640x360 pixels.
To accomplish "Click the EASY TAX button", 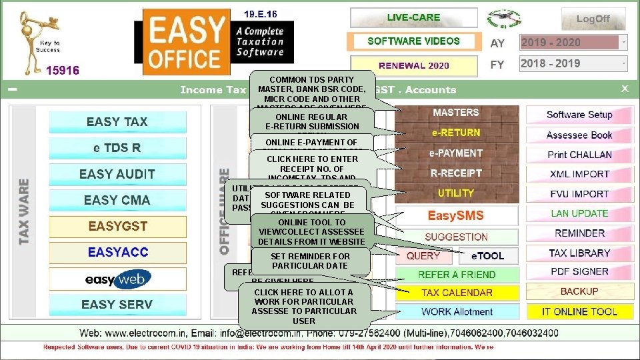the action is (x=117, y=122).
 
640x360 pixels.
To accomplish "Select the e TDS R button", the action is (x=117, y=148).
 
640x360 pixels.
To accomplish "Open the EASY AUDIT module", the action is (x=117, y=174).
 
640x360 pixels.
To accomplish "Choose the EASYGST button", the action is (x=117, y=226).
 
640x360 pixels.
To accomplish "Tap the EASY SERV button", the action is (x=117, y=305).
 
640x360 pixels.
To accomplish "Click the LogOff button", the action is (x=593, y=19).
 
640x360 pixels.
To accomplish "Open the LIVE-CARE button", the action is (x=413, y=17).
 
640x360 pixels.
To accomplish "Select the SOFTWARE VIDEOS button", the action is (x=413, y=41).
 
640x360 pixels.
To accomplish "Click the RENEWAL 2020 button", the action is (x=413, y=66).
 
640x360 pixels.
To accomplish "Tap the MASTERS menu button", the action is (x=456, y=113).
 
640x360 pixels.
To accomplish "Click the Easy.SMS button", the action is (x=456, y=216).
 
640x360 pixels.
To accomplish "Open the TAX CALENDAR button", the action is (x=457, y=293).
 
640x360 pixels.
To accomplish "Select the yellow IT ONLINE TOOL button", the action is (x=579, y=311).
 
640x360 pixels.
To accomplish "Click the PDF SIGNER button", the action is (x=579, y=272).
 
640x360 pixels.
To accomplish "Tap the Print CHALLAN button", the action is (x=579, y=155).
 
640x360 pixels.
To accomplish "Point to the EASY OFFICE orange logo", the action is (x=185, y=41).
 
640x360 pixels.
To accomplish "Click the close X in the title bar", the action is (x=625, y=89).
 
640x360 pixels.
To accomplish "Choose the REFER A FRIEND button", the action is (x=457, y=275).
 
